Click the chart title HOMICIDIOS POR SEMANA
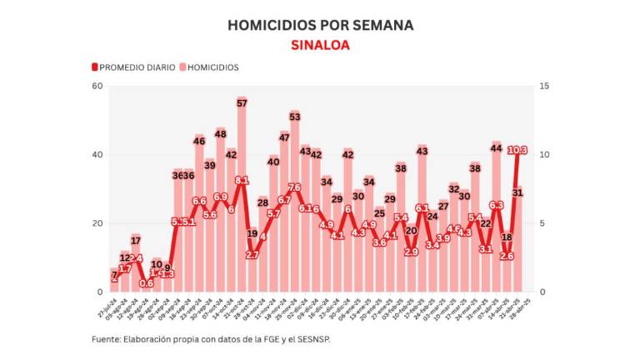(x=320, y=26)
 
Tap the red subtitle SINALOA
(x=320, y=46)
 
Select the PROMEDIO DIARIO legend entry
(x=133, y=67)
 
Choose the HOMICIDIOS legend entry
(x=209, y=67)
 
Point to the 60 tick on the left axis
(x=97, y=87)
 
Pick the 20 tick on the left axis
(x=97, y=223)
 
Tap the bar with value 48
(x=221, y=212)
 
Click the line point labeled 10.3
(x=517, y=151)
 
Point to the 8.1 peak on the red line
(x=242, y=181)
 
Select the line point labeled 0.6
(x=147, y=283)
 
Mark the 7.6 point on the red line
(x=294, y=187)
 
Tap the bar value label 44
(x=497, y=148)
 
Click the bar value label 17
(x=136, y=240)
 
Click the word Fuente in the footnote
(x=107, y=339)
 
